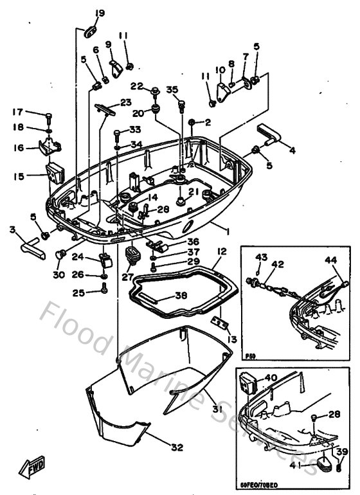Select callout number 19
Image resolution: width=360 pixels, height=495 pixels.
99,13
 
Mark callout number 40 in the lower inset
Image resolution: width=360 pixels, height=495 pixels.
271,378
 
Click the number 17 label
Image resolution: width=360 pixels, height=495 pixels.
17,112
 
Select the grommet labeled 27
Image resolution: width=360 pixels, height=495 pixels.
134,255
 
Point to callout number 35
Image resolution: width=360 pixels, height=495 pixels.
172,89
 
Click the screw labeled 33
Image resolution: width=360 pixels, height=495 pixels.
116,134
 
